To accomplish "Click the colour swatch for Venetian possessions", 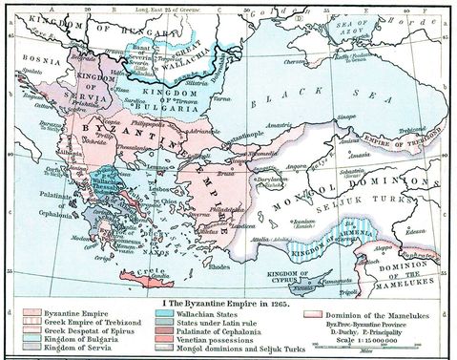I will (x=152, y=342).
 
